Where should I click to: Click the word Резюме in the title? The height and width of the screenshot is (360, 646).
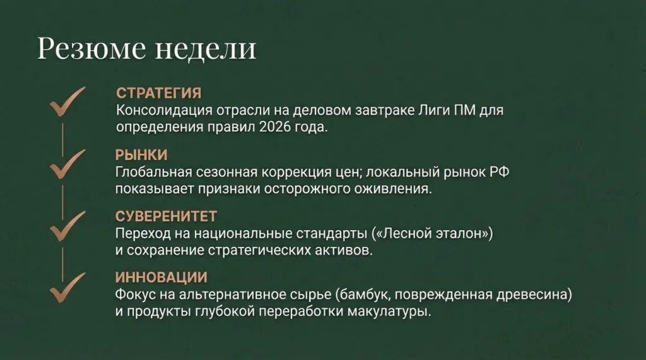pos(91,49)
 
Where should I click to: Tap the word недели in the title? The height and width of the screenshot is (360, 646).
pos(206,49)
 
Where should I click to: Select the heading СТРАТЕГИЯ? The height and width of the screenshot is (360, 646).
pos(158,93)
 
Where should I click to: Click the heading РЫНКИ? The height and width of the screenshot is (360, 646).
pos(141,155)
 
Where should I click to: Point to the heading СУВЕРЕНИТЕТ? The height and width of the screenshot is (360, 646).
pos(166,216)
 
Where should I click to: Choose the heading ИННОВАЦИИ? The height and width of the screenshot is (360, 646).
pos(161,277)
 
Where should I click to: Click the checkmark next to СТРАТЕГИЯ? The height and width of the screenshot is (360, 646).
pos(67,102)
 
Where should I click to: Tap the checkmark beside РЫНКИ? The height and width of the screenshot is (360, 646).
pos(67,163)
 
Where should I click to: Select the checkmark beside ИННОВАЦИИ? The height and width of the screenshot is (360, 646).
pos(67,287)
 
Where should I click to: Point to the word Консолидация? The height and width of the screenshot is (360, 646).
pos(165,110)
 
